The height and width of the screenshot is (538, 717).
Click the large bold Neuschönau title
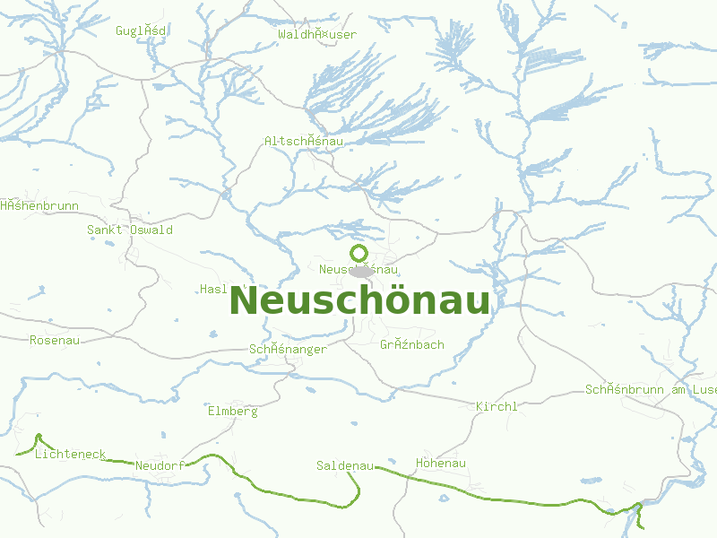pyautogui.click(x=359, y=301)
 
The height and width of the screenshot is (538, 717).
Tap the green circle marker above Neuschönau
pyautogui.click(x=358, y=253)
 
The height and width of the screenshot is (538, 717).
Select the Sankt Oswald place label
pyautogui.click(x=130, y=230)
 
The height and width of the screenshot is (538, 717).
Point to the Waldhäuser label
pyautogui.click(x=317, y=34)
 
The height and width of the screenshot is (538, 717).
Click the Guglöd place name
pyautogui.click(x=141, y=30)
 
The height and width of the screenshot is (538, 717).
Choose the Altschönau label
pyautogui.click(x=306, y=141)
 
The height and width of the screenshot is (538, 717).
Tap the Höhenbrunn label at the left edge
pyautogui.click(x=39, y=205)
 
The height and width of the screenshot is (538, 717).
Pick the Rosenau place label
pyautogui.click(x=55, y=340)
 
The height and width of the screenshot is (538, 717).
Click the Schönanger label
pyautogui.click(x=288, y=349)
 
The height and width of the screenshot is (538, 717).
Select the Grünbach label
pyautogui.click(x=411, y=344)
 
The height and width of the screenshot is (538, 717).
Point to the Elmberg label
pyautogui.click(x=232, y=411)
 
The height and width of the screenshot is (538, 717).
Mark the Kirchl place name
pyautogui.click(x=497, y=406)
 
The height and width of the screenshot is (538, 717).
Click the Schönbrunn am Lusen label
pyautogui.click(x=651, y=389)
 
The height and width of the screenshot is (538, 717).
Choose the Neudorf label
pyautogui.click(x=160, y=465)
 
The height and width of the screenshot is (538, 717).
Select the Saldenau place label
pyautogui.click(x=345, y=465)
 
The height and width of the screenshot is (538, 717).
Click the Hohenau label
pyautogui.click(x=441, y=463)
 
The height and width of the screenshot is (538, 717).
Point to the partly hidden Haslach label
pyautogui.click(x=215, y=289)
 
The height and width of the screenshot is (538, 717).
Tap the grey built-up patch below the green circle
pyautogui.click(x=362, y=272)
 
